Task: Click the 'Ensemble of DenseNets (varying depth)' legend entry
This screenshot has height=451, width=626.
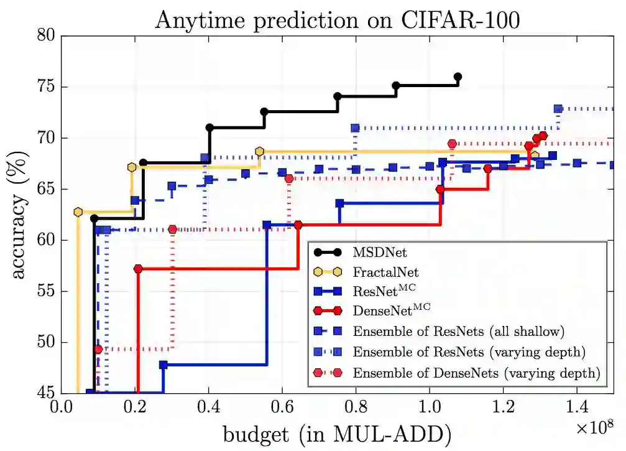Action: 475,373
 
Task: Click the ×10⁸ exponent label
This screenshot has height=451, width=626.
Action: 593,426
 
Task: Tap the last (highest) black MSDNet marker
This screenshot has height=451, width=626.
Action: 458,77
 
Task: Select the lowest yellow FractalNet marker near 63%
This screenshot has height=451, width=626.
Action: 78,212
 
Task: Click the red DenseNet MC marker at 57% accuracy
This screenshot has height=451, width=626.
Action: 138,269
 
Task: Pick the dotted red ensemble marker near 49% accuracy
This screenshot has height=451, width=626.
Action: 98,349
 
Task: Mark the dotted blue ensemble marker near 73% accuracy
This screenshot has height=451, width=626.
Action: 558,109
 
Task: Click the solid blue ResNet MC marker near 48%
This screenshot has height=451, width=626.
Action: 163,365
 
